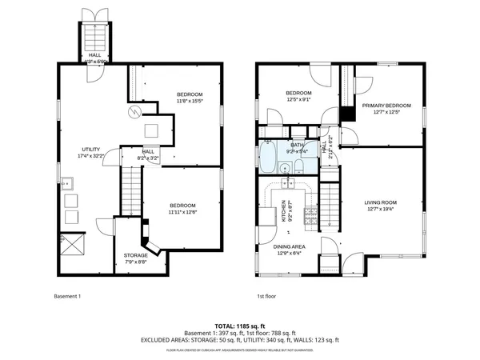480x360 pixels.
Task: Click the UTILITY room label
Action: tap(90, 150)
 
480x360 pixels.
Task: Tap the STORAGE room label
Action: tap(135, 255)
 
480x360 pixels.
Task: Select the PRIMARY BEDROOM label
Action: tap(386, 106)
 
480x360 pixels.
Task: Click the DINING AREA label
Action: tap(286, 246)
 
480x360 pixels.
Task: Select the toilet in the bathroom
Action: tap(298, 166)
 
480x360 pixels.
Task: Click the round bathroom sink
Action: tap(283, 168)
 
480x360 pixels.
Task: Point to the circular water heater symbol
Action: tap(136, 111)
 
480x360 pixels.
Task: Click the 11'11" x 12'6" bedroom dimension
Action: tap(184, 213)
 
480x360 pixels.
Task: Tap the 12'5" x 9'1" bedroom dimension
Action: tap(298, 101)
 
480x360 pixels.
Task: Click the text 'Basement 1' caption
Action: tap(68, 298)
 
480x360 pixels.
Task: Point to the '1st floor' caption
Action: tap(266, 298)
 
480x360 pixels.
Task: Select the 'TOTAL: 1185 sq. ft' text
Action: tap(239, 326)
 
